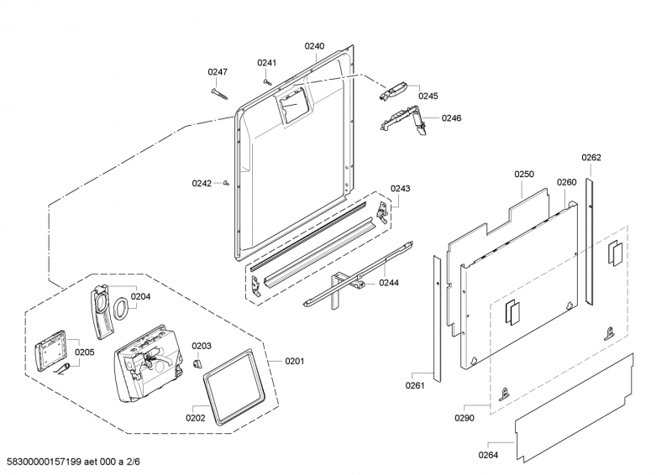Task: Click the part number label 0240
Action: point(314,46)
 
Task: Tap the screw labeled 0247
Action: point(219,94)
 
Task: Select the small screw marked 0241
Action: point(266,81)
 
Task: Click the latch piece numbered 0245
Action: point(392,91)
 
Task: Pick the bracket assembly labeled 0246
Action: point(404,120)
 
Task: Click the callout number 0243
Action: point(400,189)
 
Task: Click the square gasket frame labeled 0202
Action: point(233,387)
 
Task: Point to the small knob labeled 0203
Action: point(197,363)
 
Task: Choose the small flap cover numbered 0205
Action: point(50,350)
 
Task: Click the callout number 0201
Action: point(295,362)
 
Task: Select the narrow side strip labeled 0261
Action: point(437,319)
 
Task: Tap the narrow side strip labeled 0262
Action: point(591,243)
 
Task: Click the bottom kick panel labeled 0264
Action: point(575,408)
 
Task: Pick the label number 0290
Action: point(465,418)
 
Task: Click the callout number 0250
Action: point(524,175)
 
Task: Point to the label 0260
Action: point(566,182)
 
